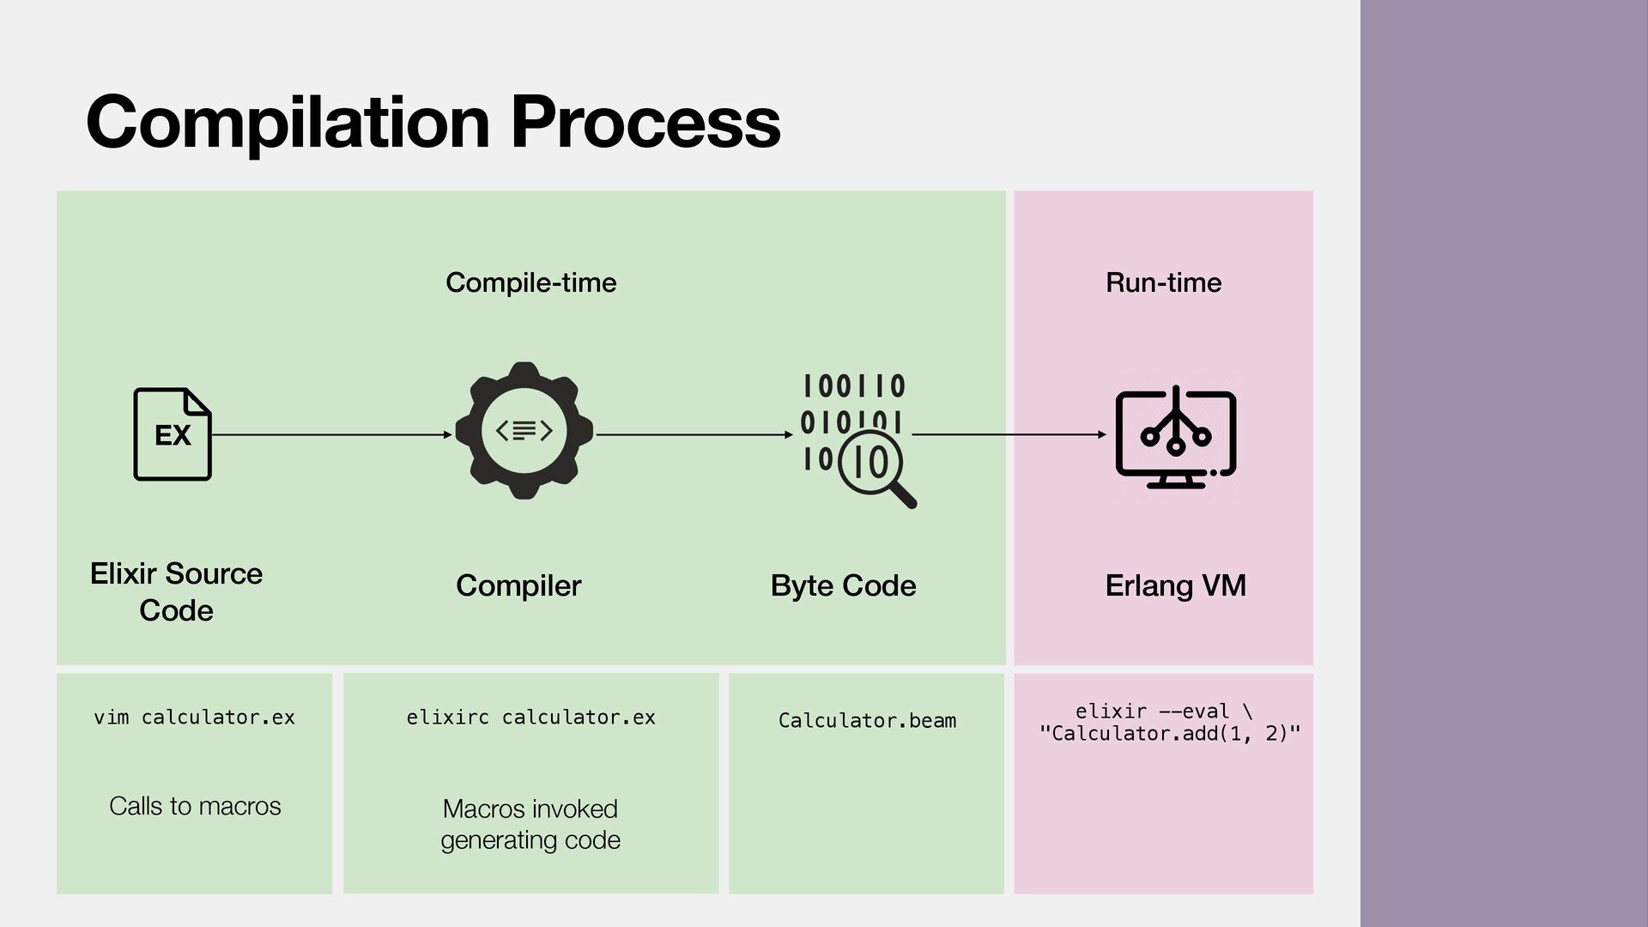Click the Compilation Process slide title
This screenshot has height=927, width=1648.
click(433, 123)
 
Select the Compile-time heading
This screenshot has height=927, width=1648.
click(530, 282)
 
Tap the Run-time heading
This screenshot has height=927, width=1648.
click(1163, 282)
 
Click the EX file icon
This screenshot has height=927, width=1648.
click(173, 434)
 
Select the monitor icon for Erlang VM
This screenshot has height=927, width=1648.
click(1176, 437)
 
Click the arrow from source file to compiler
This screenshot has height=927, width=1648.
click(331, 435)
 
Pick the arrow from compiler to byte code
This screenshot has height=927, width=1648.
click(694, 435)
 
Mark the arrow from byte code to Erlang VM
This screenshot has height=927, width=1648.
click(1009, 435)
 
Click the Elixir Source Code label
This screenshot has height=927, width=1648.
click(176, 591)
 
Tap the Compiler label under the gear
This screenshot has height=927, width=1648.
click(518, 585)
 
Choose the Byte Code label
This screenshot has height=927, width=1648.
click(843, 585)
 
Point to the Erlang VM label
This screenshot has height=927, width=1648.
click(1175, 585)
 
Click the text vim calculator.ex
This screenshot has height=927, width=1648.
click(194, 718)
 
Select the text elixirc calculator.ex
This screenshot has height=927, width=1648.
click(530, 718)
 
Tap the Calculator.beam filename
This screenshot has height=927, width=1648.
click(867, 720)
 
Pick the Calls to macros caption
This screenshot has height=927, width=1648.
click(195, 806)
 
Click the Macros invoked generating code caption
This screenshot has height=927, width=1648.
click(530, 824)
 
